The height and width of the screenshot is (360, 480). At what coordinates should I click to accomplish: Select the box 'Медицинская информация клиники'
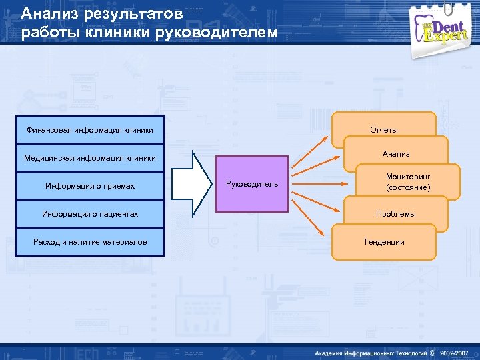(90, 158)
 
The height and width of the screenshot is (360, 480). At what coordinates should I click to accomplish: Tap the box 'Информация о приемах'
(90, 186)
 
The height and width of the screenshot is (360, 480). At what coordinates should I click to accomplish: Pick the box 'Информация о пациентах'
(90, 214)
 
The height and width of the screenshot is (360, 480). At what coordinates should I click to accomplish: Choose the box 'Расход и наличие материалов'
(90, 242)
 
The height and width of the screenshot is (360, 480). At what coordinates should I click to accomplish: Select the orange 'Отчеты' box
(384, 128)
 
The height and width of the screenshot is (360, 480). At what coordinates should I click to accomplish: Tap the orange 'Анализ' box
(396, 154)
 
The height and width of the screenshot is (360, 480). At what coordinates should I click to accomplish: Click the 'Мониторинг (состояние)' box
(408, 182)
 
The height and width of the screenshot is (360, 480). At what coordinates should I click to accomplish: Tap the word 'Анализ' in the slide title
(44, 13)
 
